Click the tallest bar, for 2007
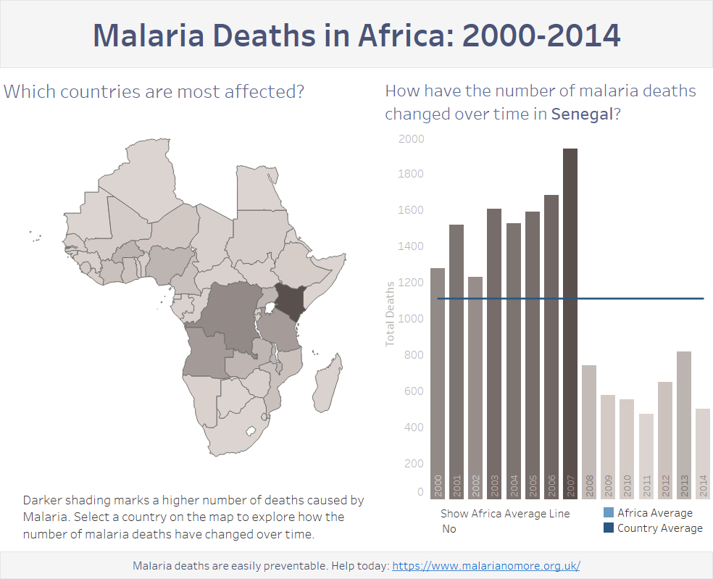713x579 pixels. tap(570, 324)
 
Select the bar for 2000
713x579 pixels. tap(438, 384)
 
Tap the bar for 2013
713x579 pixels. tap(684, 425)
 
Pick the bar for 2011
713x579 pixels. tap(646, 457)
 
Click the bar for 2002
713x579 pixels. tap(475, 388)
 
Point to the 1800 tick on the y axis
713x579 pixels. tap(411, 174)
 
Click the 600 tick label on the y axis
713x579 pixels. tap(414, 391)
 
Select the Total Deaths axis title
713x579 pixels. tap(390, 314)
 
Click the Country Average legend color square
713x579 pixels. tap(609, 528)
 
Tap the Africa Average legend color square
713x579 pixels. tap(609, 512)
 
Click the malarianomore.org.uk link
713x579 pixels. tap(486, 566)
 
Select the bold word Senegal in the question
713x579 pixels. tap(583, 114)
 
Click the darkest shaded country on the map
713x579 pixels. tap(290, 302)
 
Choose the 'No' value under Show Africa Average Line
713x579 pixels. tap(449, 528)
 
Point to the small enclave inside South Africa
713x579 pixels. tap(251, 430)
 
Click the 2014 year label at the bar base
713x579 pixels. tap(703, 486)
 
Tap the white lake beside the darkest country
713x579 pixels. tap(270, 309)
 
